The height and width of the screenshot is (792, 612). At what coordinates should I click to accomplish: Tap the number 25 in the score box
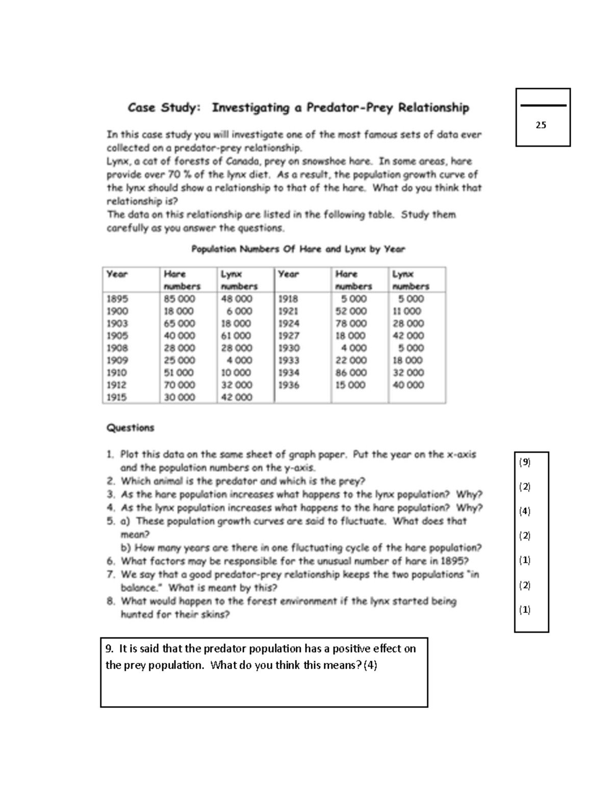coord(541,125)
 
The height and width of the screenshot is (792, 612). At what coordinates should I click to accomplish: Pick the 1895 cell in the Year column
coord(117,299)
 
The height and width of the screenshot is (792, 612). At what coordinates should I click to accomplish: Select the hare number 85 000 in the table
coord(180,299)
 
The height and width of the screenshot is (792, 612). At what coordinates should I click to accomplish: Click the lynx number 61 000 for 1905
coord(236,336)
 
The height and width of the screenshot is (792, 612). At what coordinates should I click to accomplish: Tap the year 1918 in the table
coord(288,299)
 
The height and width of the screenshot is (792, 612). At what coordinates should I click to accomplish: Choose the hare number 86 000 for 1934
coord(351,373)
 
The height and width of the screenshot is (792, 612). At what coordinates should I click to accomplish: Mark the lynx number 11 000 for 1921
coord(407,311)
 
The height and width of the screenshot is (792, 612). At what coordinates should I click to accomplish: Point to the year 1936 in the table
coord(289,385)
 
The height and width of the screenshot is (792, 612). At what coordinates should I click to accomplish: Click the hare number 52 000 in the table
coord(351,311)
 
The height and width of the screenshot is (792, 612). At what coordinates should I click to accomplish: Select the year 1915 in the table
coord(117,397)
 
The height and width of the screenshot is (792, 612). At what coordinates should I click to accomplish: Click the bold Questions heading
coord(130,428)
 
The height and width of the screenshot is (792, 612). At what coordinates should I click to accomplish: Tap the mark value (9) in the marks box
coord(525,462)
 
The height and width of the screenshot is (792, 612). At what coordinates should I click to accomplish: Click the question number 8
coord(111,601)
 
